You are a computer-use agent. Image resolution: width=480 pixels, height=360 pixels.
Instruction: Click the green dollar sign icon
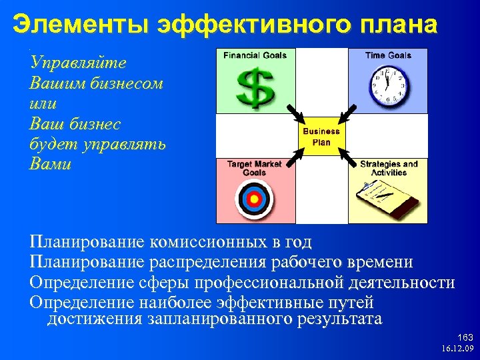[x=254, y=87]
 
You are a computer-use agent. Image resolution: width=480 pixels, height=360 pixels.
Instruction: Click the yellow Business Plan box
[x=321, y=137]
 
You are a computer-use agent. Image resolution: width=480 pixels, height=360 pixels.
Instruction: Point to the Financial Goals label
[x=255, y=55]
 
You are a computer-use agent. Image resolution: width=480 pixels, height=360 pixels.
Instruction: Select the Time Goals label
[x=388, y=55]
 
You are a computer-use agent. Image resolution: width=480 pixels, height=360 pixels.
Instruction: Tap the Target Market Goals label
[x=255, y=168]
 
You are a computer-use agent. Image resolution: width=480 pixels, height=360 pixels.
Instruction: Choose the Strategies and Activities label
[x=388, y=168]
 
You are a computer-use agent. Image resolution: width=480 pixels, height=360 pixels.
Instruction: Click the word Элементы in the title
[x=79, y=25]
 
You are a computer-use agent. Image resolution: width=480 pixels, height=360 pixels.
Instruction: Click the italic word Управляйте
[x=79, y=63]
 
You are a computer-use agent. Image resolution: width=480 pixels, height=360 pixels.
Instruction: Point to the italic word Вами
[x=50, y=164]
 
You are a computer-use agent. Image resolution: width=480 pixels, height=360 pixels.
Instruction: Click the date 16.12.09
[x=457, y=349]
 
